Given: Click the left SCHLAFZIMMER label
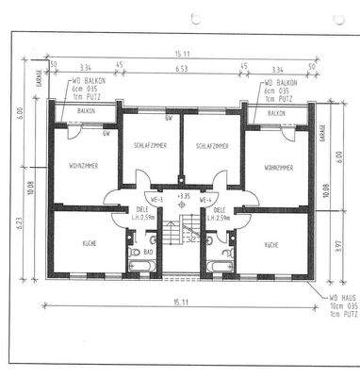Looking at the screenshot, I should [151, 147].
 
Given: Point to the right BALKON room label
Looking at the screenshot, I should [277, 113].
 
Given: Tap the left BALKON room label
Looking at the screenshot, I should [85, 113].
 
